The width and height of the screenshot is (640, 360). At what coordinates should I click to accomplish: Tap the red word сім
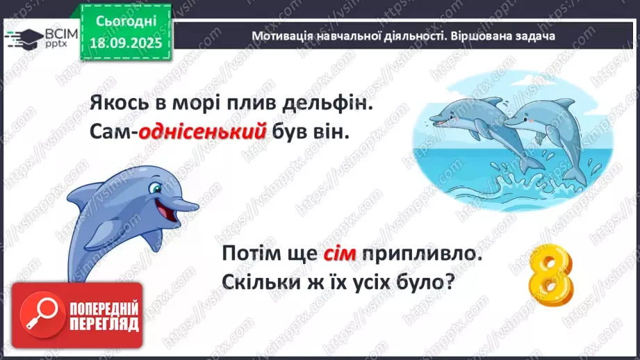(339, 255)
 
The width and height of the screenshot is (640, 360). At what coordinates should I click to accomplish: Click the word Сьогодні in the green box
(128, 22)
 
